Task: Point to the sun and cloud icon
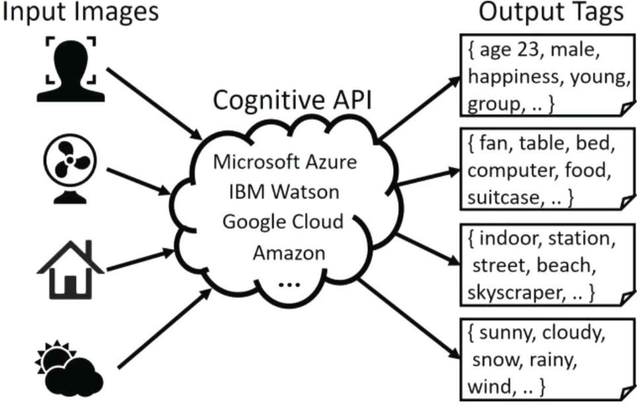(x=69, y=369)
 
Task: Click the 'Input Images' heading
(x=80, y=12)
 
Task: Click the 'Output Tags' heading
(x=551, y=12)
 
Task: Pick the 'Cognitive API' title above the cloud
(x=292, y=100)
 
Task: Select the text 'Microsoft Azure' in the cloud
(x=285, y=162)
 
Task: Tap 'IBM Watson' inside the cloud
(x=284, y=192)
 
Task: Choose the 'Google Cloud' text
(x=283, y=222)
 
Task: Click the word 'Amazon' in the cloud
(x=289, y=253)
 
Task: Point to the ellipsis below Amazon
(x=289, y=285)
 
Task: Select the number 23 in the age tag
(x=528, y=50)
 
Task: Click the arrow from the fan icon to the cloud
(x=137, y=181)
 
